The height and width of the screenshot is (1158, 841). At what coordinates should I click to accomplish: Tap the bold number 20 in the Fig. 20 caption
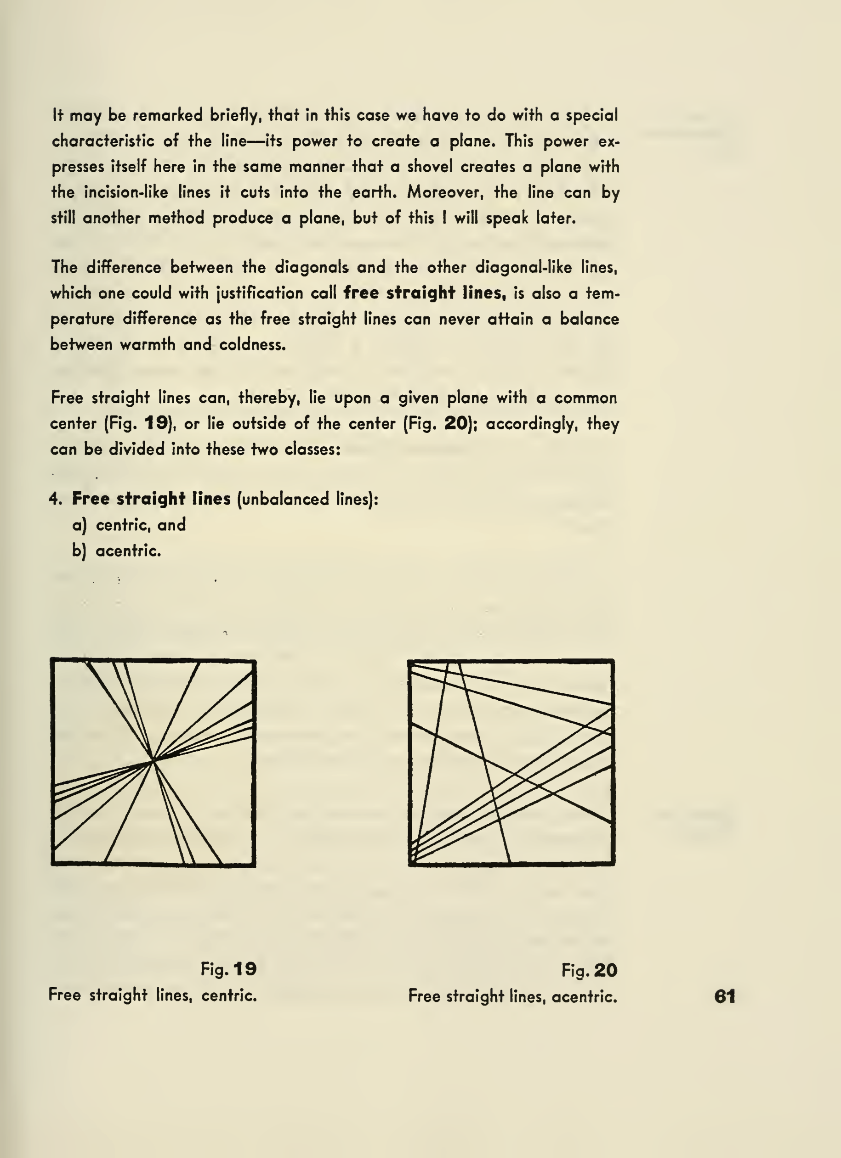(x=605, y=970)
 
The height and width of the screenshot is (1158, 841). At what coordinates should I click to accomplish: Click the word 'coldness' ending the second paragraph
(x=252, y=345)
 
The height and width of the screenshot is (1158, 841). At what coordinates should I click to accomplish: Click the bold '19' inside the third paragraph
(x=156, y=423)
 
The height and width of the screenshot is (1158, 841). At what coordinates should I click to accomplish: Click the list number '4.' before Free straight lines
(x=56, y=499)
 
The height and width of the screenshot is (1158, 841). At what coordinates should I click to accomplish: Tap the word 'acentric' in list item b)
(x=128, y=551)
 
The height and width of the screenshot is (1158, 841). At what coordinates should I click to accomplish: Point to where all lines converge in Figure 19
(x=153, y=760)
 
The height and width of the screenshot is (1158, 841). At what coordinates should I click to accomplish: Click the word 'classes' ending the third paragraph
(x=312, y=450)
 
